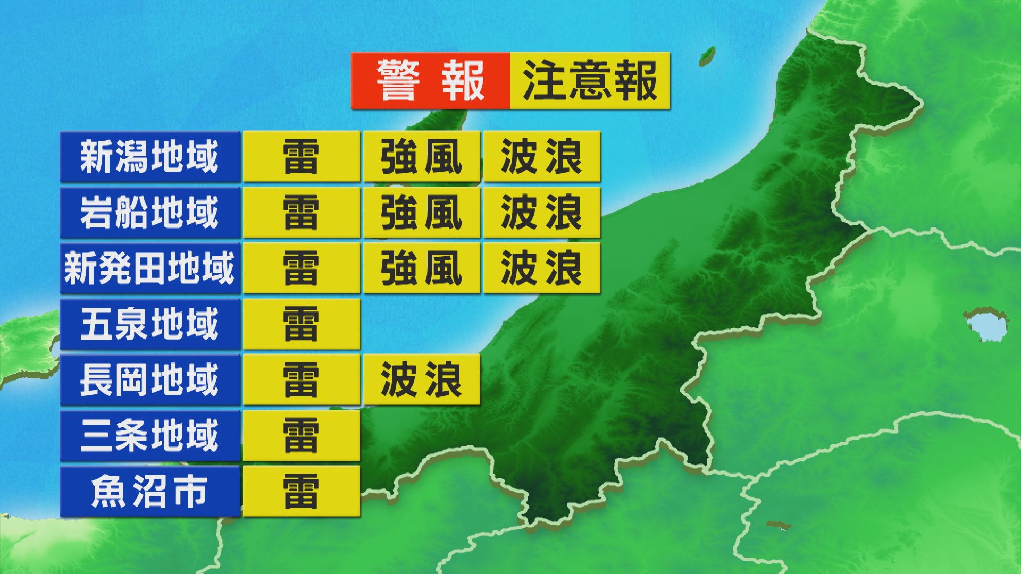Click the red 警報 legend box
pos(430,81)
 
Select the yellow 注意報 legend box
pos(590,81)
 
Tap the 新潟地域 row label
pos(150,157)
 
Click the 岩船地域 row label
pos(150,213)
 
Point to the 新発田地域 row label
pos(150,268)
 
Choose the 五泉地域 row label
pos(150,324)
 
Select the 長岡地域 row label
pos(150,380)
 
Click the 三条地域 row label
pos(150,436)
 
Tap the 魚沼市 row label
pos(150,492)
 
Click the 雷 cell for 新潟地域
pos(302,157)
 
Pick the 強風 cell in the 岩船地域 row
pos(422,213)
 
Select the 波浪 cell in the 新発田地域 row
pos(542,268)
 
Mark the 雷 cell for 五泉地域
pos(302,324)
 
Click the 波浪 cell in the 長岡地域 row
pos(422,380)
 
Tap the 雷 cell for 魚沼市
pos(302,492)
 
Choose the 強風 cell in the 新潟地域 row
pos(422,157)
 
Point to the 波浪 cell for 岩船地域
pos(542,213)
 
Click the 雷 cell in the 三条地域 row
pos(302,436)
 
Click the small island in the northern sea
pos(707,55)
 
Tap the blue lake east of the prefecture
pos(985,324)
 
